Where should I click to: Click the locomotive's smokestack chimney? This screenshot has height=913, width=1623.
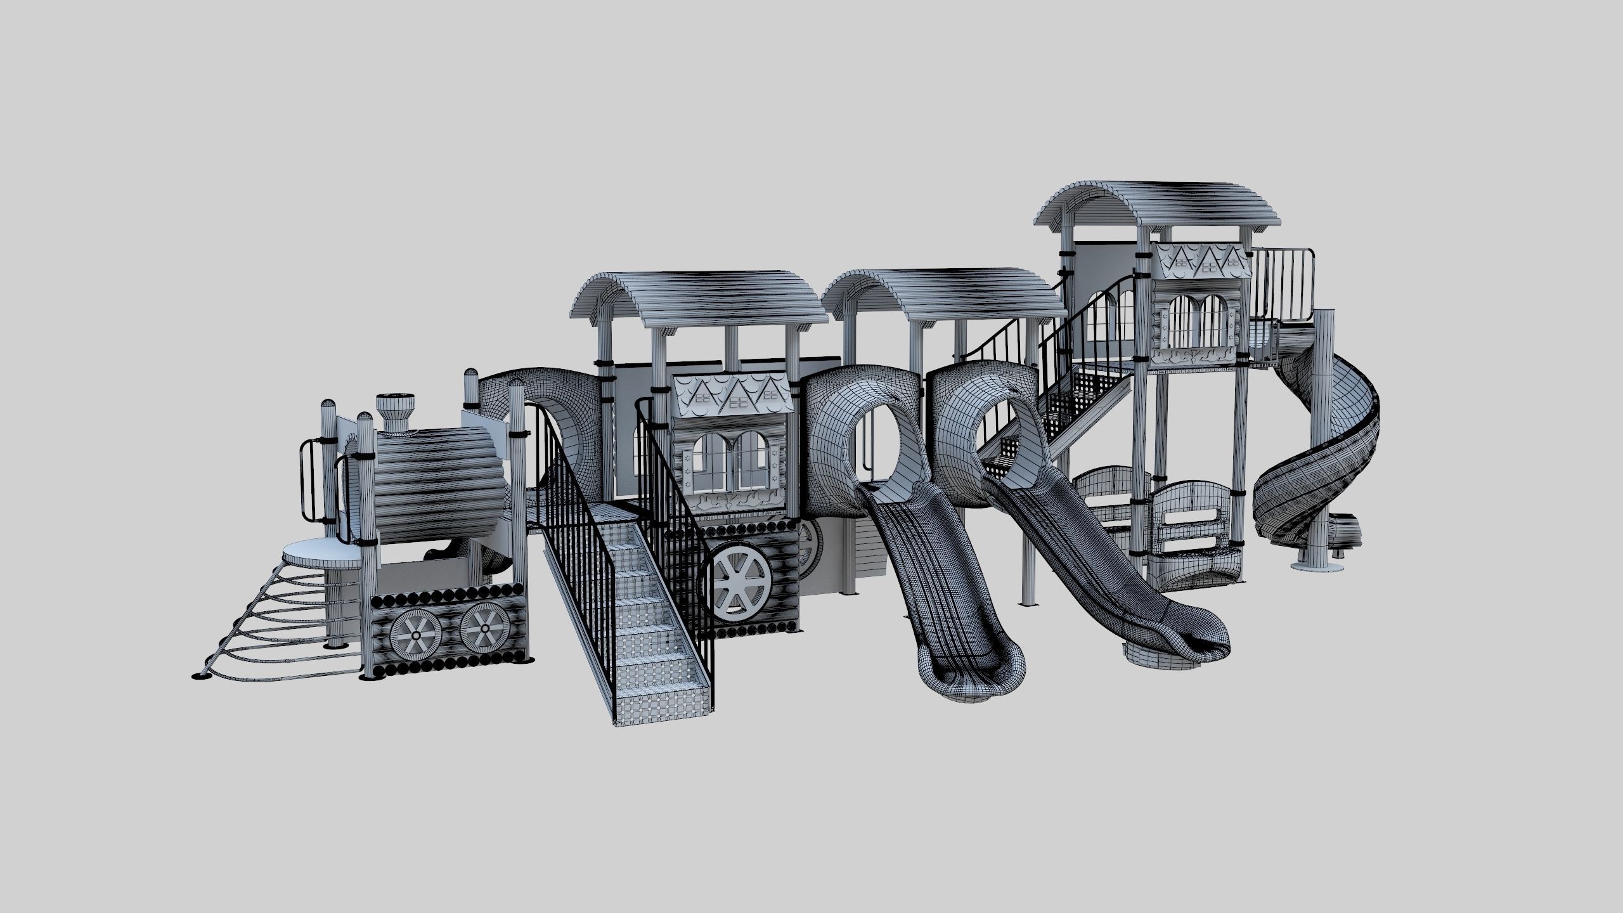pyautogui.click(x=394, y=411)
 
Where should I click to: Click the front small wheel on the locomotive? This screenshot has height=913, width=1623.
pyautogui.click(x=416, y=635)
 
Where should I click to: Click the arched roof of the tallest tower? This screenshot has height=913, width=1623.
pyautogui.click(x=1160, y=209)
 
